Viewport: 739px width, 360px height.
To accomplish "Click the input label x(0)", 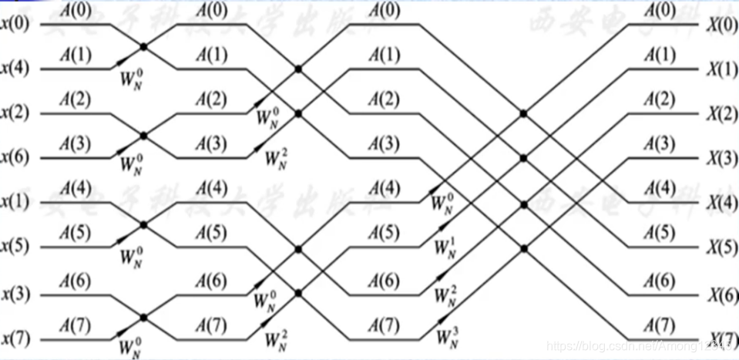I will [17, 24].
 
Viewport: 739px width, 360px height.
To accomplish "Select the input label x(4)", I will [17, 69].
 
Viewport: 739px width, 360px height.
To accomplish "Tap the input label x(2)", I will [17, 114].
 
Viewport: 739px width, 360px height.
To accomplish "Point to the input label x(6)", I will [17, 159].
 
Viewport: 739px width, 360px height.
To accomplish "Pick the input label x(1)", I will [17, 204].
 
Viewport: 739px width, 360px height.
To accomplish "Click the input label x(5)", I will [17, 248].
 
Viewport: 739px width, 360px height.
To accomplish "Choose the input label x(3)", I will [17, 294].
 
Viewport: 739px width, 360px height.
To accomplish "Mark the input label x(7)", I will [17, 338].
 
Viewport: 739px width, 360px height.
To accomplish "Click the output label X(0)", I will [721, 24].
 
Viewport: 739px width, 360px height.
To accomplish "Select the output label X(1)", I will [721, 69].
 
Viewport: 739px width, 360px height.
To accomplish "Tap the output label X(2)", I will [721, 114].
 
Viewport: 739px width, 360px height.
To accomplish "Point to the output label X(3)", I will [721, 159].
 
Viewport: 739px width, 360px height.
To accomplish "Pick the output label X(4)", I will [721, 204].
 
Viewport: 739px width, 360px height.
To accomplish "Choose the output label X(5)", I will [721, 248].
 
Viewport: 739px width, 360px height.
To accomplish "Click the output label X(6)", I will [721, 294].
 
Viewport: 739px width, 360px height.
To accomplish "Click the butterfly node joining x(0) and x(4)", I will [143, 47].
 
